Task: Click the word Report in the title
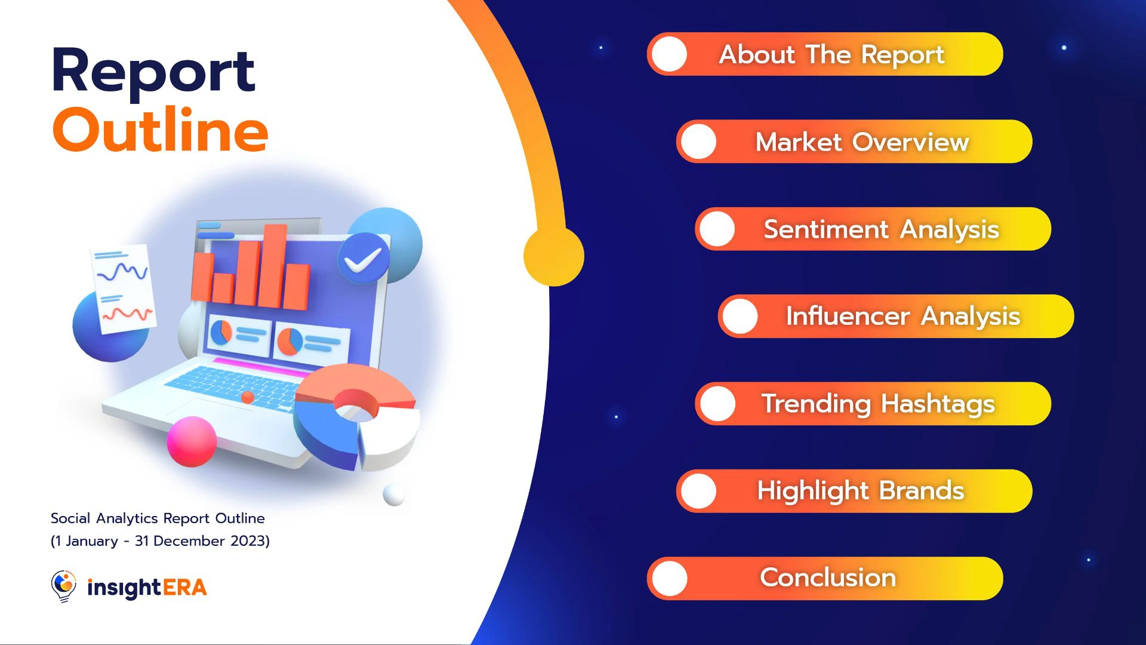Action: tap(153, 72)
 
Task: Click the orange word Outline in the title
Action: tap(161, 130)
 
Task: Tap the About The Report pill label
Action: tap(831, 54)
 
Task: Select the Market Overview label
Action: tap(862, 142)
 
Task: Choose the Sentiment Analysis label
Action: tap(881, 229)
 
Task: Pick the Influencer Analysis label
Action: tap(902, 317)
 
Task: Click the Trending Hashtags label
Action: tap(878, 404)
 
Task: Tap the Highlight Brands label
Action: tap(861, 491)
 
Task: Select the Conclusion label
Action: tap(828, 578)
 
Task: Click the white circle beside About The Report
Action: tap(669, 54)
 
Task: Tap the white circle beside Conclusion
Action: tap(669, 578)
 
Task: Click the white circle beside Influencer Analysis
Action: tap(740, 317)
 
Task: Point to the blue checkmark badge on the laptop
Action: tap(363, 258)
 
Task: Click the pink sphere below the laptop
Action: tap(192, 441)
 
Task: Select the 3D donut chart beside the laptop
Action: tap(357, 417)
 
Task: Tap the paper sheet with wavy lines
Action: tap(124, 289)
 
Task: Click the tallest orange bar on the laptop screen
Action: tap(273, 266)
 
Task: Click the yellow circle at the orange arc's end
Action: tap(554, 256)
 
